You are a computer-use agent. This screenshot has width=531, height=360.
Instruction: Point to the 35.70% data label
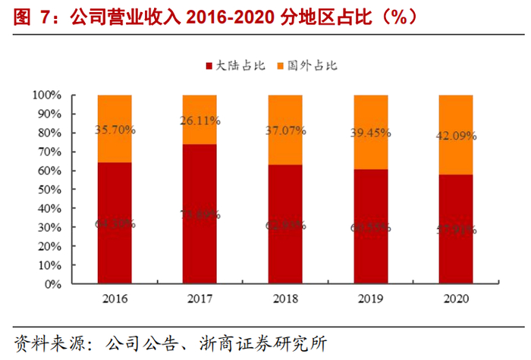click(x=115, y=130)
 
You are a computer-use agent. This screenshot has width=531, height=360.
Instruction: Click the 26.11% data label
click(x=200, y=121)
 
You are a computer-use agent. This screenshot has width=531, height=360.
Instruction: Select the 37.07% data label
click(x=285, y=131)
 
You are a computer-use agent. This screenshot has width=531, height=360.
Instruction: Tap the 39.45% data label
click(x=371, y=133)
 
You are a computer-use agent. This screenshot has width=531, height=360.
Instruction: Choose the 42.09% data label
click(x=456, y=136)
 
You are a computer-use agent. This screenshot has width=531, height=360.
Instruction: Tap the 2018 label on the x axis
click(x=285, y=299)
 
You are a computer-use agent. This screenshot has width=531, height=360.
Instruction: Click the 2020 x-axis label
click(x=456, y=299)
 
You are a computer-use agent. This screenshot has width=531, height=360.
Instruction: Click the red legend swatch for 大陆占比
click(x=209, y=66)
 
